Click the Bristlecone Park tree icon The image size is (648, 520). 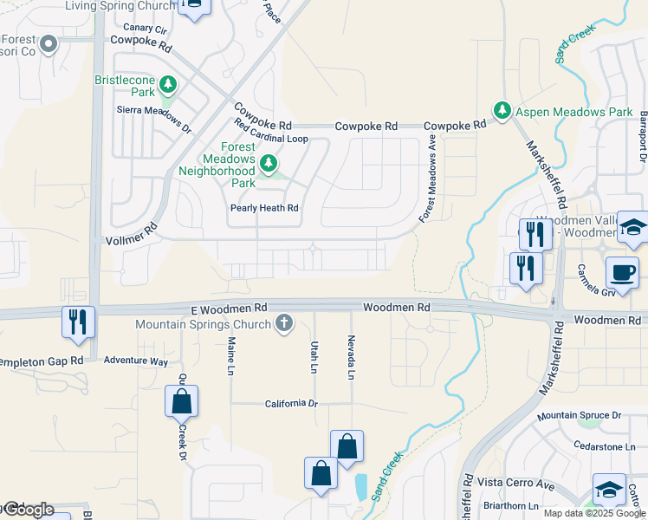click(168, 86)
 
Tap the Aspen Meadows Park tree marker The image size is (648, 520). click(502, 111)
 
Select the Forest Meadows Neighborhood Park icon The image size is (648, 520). click(269, 162)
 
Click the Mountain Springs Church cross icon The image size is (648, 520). click(282, 325)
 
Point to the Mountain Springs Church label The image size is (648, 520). click(203, 325)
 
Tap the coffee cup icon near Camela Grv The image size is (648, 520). click(621, 273)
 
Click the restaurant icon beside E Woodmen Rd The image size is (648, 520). click(79, 322)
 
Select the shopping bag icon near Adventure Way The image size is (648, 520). click(181, 401)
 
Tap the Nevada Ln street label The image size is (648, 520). click(351, 357)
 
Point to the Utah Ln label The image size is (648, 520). click(314, 357)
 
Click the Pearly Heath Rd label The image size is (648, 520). click(264, 208)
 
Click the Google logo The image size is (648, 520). click(28, 510)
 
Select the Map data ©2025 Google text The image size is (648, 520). click(593, 512)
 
